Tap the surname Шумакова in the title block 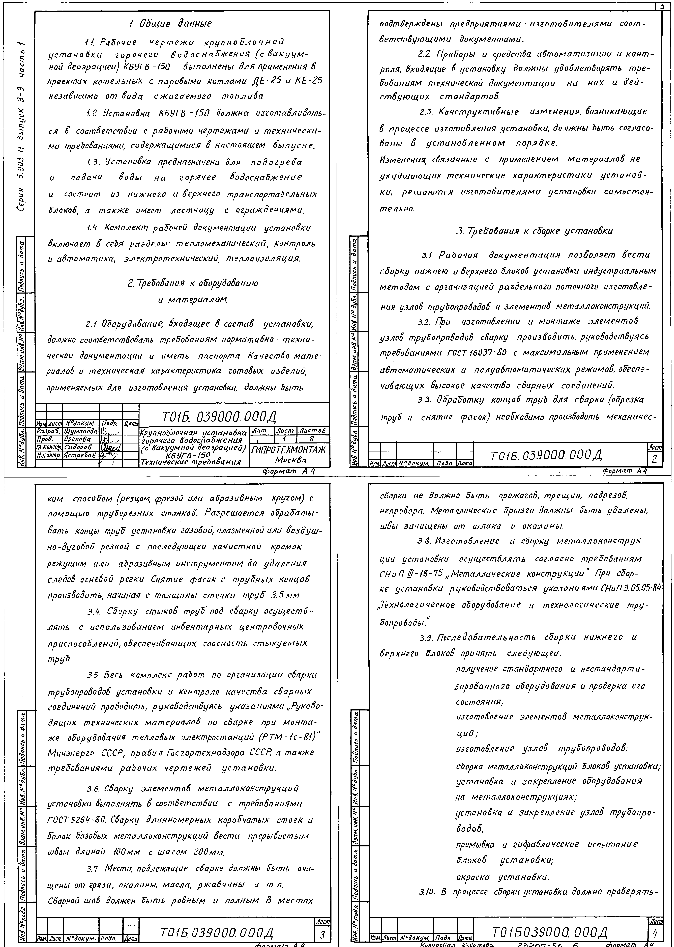(81, 432)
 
